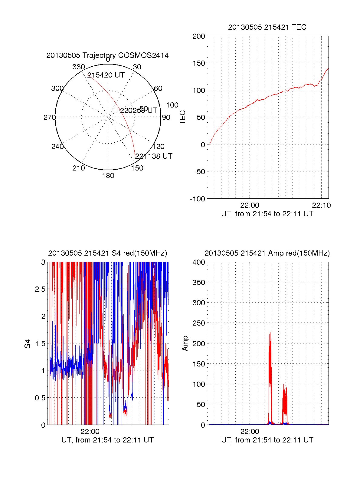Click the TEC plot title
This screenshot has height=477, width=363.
pos(267,27)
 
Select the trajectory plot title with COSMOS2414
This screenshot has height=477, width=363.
pos(107,55)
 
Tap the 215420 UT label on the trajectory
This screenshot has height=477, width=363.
pos(106,75)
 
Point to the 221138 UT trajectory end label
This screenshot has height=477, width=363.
pos(154,156)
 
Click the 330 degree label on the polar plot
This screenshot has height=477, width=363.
pos(78,67)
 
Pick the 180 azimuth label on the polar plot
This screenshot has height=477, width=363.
pos(108,176)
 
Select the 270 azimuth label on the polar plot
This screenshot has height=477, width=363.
pos(49,118)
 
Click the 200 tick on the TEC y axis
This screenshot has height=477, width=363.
pos(199,37)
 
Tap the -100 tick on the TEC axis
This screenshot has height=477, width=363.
pos(198,199)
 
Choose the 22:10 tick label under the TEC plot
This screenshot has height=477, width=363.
pos(321,205)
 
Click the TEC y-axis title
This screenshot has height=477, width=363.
pos(183,118)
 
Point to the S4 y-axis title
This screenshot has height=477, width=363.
pos(28,344)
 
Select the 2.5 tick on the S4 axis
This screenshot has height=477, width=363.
pos(40,289)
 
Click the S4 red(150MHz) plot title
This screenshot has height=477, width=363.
pos(107,253)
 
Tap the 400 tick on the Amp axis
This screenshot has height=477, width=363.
pos(199,262)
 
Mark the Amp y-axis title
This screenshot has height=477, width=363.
pos(185,343)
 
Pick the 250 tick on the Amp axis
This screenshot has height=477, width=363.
pos(199,323)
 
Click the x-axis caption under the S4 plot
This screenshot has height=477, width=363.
pos(107,440)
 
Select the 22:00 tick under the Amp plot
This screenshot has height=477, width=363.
pos(250,431)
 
